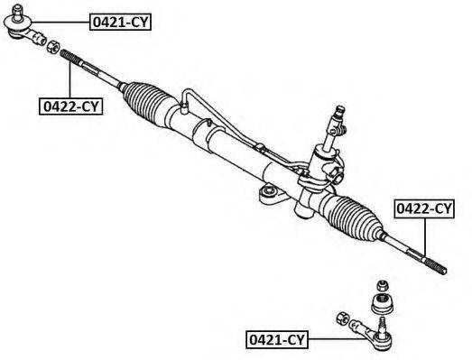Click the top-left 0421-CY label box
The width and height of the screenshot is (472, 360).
[x=120, y=22]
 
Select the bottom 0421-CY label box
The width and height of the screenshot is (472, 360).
[x=277, y=340]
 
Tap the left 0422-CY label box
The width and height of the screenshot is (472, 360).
[x=70, y=106]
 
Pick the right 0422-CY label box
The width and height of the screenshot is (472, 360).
[x=424, y=208]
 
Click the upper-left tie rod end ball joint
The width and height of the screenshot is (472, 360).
[x=18, y=27]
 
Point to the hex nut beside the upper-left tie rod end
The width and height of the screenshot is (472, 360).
[x=53, y=46]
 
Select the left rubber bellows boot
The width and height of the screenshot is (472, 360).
[x=147, y=103]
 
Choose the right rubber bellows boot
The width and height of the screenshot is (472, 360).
[x=353, y=217]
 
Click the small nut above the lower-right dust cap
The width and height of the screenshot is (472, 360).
[x=382, y=285]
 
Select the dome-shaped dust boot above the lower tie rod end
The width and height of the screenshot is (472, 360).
[x=383, y=304]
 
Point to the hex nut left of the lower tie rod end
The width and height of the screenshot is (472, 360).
[x=342, y=318]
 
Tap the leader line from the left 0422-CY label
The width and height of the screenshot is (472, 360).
[x=69, y=78]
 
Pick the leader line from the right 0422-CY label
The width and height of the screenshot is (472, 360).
[x=425, y=237]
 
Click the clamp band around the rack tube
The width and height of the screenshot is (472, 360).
[x=201, y=130]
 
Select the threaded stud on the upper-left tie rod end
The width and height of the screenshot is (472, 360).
[x=17, y=12]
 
